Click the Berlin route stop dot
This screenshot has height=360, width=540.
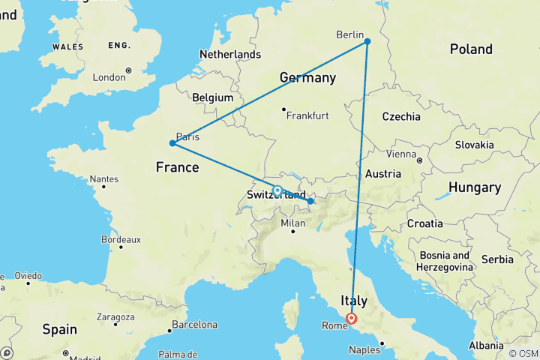[367, 41]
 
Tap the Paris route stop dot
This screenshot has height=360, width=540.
[172, 142]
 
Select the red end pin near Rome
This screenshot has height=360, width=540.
[351, 319]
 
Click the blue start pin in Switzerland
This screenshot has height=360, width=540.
[277, 191]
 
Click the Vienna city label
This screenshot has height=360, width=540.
[401, 154]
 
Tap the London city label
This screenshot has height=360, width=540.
[108, 77]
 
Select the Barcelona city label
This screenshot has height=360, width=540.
[193, 325]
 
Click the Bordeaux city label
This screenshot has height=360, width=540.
[120, 240]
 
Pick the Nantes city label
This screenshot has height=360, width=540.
[103, 179]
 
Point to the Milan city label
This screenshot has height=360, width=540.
[292, 223]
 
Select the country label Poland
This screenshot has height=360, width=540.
[471, 49]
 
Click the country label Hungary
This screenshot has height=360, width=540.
[474, 187]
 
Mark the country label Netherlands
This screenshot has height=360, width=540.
[229, 54]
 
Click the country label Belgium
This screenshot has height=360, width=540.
[213, 97]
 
